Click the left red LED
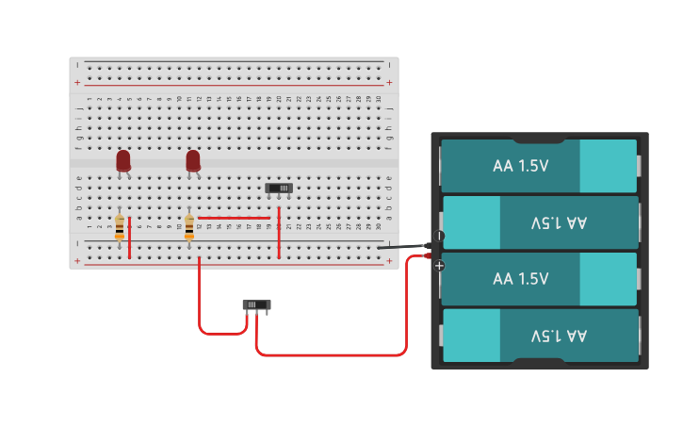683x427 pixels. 123,161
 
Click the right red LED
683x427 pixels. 193,161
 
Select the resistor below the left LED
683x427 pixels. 120,227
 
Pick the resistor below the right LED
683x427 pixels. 189,227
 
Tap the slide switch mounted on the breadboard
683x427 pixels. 279,189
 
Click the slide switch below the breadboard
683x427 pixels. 256,305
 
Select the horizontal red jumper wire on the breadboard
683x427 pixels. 234,218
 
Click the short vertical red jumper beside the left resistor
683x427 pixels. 130,237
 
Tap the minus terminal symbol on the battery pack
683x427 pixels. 439,236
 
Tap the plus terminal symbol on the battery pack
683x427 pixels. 439,266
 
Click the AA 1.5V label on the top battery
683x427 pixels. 520,166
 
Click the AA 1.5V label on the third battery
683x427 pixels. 520,279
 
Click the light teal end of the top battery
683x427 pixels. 608,166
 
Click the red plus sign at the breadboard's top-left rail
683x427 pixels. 77,83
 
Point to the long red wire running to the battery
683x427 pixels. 330,355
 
